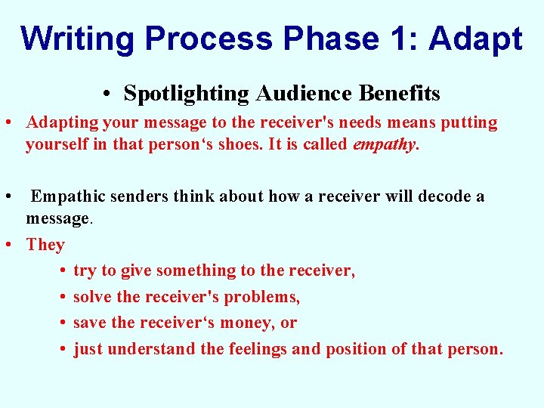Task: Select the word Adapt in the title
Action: (475, 39)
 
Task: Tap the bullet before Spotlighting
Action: (110, 94)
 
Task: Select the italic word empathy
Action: (384, 144)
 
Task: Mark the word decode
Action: (437, 196)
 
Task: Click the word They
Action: (45, 245)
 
